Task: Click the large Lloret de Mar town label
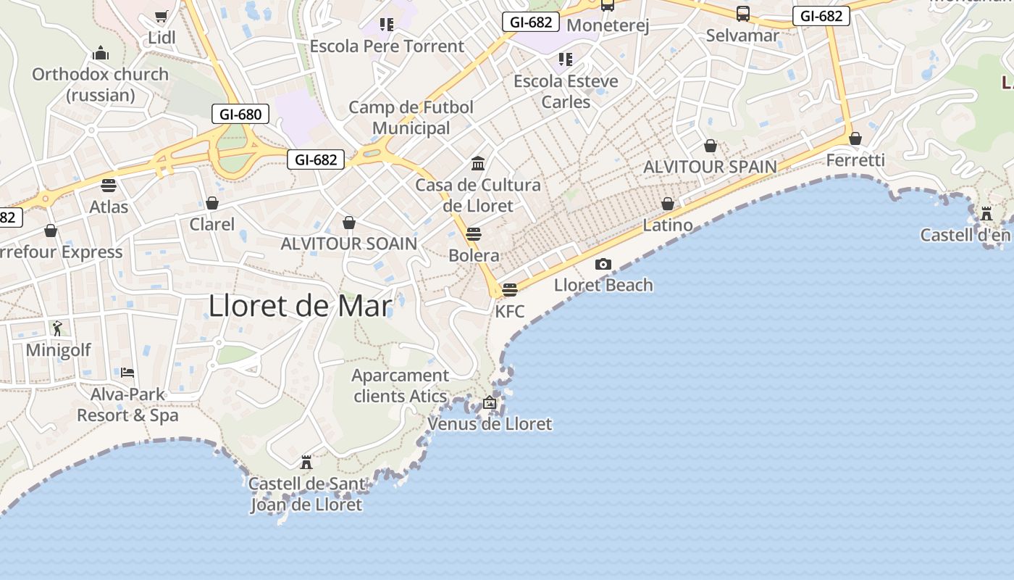[x=300, y=306]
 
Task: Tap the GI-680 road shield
[x=240, y=114]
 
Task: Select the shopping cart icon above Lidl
[x=162, y=17]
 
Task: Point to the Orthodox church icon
[x=100, y=54]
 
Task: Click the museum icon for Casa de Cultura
[x=478, y=163]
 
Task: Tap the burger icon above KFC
[x=510, y=290]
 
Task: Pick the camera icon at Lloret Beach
[x=603, y=264]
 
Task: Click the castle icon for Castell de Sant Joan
[x=306, y=462]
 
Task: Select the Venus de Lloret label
[x=490, y=424]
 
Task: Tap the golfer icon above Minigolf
[x=58, y=328]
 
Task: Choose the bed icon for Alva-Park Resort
[x=127, y=373]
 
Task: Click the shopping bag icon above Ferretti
[x=855, y=138]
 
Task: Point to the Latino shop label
[x=668, y=225]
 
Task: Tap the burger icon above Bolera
[x=474, y=233]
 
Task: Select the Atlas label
[x=109, y=207]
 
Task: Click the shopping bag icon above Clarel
[x=212, y=203]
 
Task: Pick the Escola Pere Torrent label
[x=387, y=46]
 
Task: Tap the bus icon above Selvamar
[x=743, y=13]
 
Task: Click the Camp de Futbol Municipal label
[x=411, y=117]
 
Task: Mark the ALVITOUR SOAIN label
[x=349, y=244]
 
